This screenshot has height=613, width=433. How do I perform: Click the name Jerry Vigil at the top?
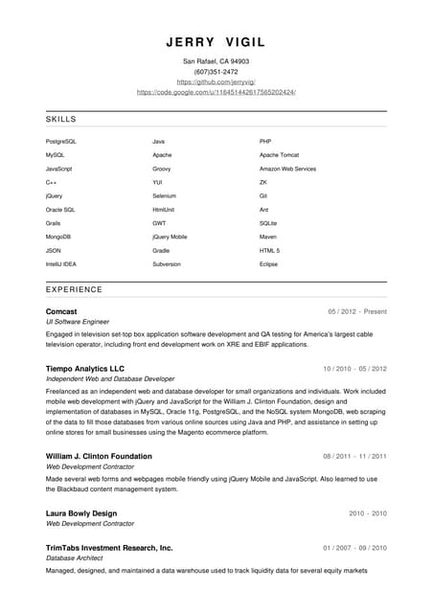[216, 42]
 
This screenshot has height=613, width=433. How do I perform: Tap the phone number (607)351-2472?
[216, 72]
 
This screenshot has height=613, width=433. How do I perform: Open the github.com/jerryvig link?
[216, 82]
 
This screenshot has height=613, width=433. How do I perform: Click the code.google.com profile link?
[216, 92]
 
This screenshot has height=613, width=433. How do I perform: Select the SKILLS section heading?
[61, 120]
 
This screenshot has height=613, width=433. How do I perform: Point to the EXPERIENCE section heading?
[74, 289]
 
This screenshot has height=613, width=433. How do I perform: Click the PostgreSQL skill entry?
[60, 142]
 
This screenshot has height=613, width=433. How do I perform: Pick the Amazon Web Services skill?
[287, 169]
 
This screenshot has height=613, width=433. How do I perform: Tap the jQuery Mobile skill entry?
[170, 237]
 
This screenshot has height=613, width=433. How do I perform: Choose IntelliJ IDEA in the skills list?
[60, 263]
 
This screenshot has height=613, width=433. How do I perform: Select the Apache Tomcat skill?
[280, 155]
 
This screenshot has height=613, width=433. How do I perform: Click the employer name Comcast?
[61, 311]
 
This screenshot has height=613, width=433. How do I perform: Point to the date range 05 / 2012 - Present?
[357, 312]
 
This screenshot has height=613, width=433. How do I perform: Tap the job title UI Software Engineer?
[78, 323]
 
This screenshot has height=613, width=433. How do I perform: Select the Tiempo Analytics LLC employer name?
[85, 369]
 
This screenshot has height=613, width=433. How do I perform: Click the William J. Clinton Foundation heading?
[99, 456]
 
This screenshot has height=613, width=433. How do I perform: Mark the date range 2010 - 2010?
[368, 513]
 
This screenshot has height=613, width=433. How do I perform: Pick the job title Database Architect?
[76, 558]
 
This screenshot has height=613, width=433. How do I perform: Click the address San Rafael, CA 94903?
[216, 61]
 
